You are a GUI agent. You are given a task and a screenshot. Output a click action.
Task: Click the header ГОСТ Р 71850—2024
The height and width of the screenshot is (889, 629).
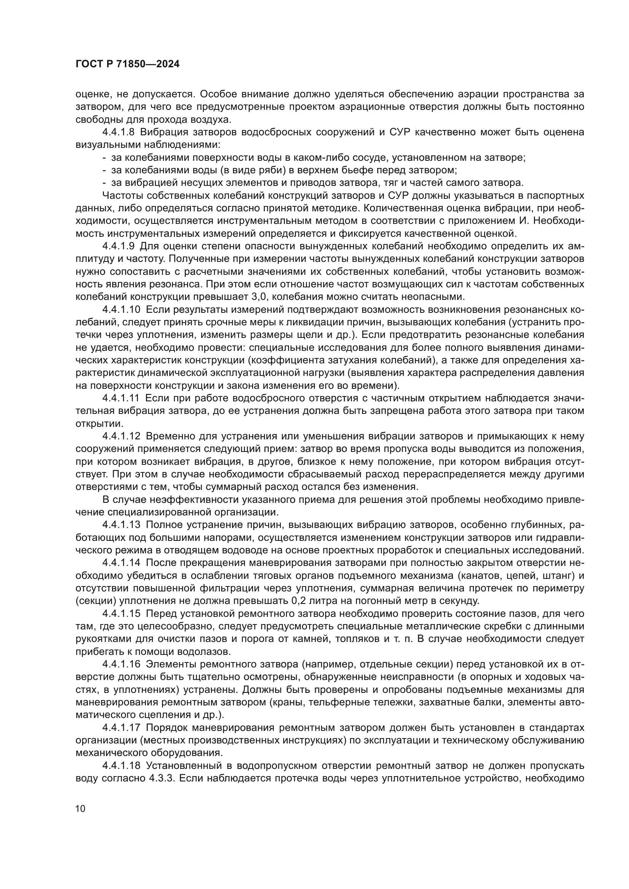127,64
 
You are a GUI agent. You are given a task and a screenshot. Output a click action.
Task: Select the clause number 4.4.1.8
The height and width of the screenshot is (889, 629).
119,132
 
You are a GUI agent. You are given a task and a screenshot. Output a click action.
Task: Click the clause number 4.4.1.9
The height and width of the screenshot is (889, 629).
119,246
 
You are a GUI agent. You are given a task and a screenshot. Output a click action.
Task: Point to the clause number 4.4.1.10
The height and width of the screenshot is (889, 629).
121,310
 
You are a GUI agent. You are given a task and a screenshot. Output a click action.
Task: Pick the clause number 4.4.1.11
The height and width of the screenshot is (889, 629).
121,398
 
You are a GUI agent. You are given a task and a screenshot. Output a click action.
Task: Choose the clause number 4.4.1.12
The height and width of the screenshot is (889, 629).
121,436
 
